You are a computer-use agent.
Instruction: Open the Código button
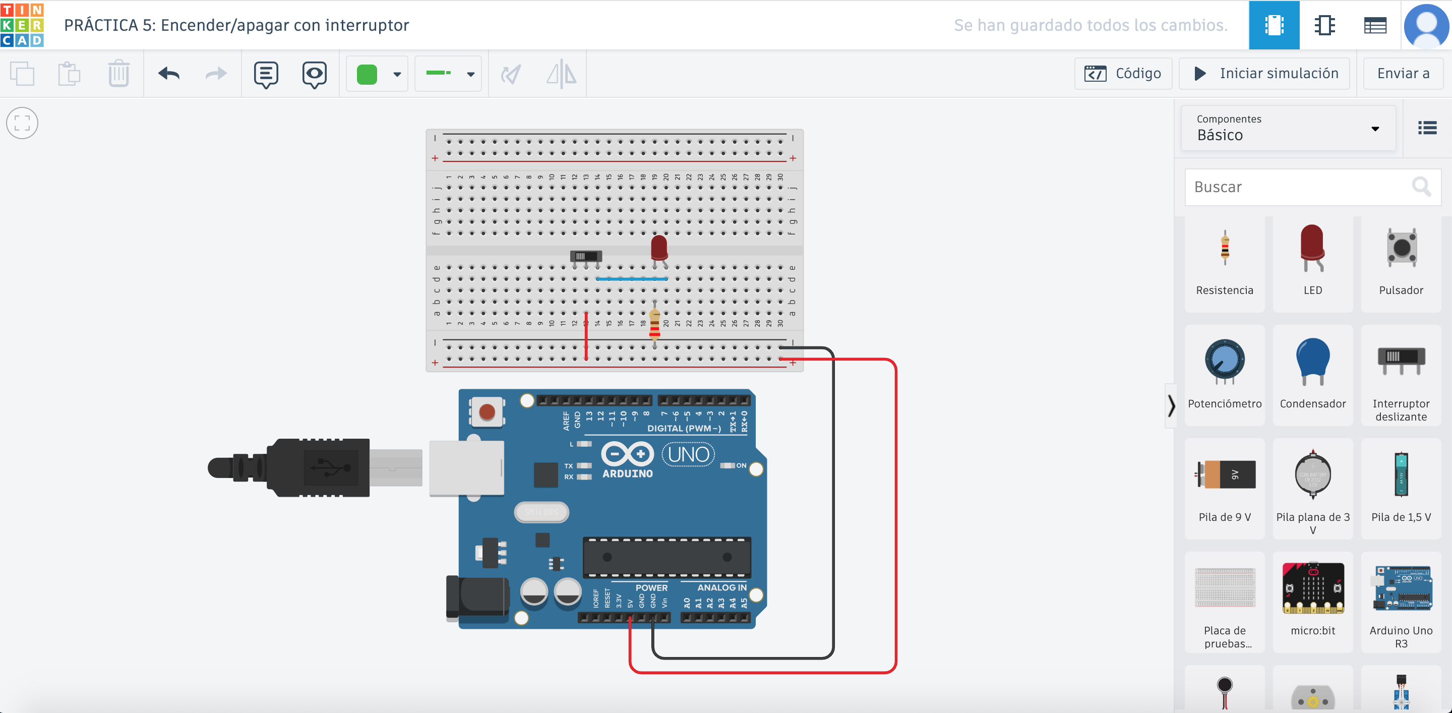(x=1123, y=74)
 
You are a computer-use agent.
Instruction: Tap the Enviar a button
(x=1403, y=74)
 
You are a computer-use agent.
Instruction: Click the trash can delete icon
(x=118, y=74)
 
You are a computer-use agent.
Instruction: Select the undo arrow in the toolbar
(x=168, y=74)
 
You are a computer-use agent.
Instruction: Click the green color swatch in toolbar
(x=367, y=74)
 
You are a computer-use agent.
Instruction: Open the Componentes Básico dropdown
(x=1288, y=129)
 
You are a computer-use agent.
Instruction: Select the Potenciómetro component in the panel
(x=1224, y=372)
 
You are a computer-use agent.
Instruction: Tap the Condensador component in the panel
(x=1313, y=372)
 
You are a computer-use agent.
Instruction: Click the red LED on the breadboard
(x=659, y=248)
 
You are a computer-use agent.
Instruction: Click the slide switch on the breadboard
(x=586, y=257)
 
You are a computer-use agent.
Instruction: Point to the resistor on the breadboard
(x=654, y=326)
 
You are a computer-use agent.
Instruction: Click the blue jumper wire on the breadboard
(x=631, y=279)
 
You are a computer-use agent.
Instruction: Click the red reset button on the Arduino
(x=487, y=412)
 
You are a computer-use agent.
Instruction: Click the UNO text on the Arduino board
(x=688, y=454)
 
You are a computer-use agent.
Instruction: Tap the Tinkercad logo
(x=22, y=25)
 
